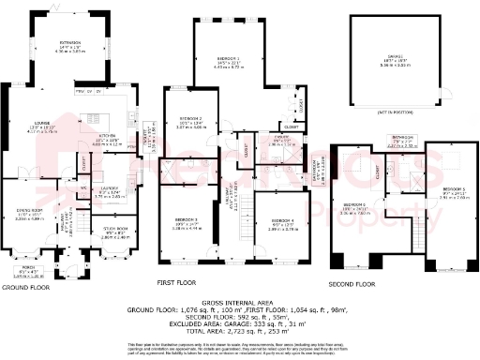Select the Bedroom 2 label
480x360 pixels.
(x=192, y=121)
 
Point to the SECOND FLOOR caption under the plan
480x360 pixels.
(x=352, y=283)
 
